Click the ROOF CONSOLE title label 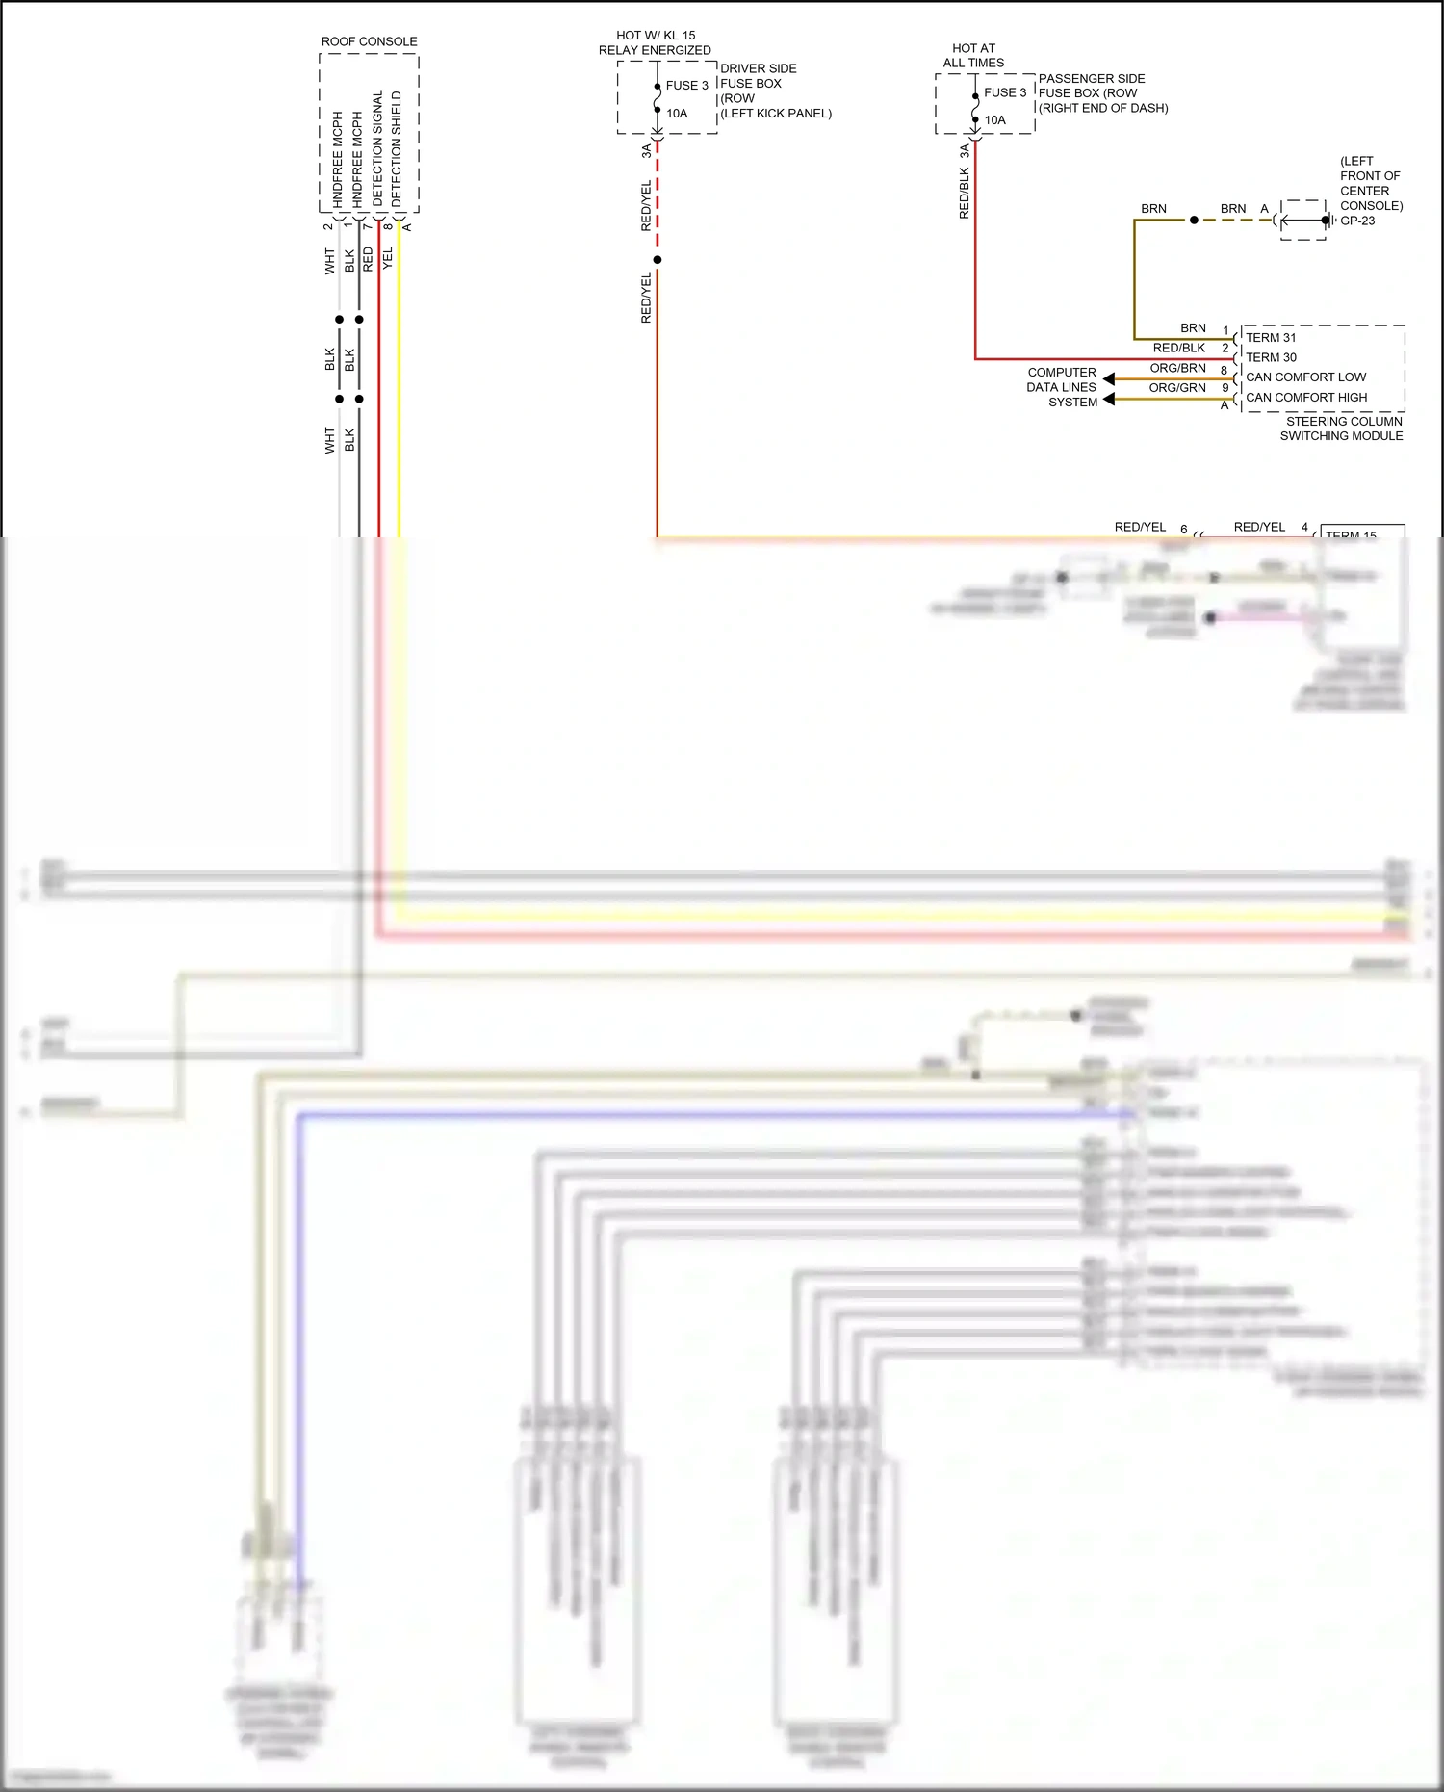[369, 41]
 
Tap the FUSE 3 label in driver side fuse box [686, 86]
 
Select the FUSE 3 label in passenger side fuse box [1004, 93]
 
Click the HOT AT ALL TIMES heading [973, 56]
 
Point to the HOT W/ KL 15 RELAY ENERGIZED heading [655, 42]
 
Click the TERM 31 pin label [1270, 338]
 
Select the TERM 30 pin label [1270, 357]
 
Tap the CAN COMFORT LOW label [1305, 377]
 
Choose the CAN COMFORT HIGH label [1305, 398]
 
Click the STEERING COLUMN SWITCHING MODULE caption [1342, 429]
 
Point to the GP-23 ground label [1357, 221]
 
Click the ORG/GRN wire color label [1176, 388]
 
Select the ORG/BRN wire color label [1176, 368]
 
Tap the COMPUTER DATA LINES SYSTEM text [1062, 387]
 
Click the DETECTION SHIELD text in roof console [397, 148]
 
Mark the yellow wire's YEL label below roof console [388, 258]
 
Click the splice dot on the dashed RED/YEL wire [658, 260]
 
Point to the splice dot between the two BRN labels [1194, 221]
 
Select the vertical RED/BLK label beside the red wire [964, 194]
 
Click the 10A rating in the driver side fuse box [677, 114]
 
